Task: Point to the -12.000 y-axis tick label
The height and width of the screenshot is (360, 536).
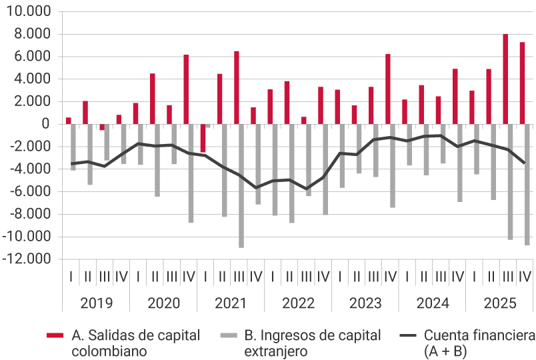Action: tap(29, 259)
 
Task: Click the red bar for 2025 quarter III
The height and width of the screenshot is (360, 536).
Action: tap(505, 79)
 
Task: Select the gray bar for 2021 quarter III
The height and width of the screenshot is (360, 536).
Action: tap(241, 186)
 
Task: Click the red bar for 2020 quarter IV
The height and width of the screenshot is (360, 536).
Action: tap(186, 89)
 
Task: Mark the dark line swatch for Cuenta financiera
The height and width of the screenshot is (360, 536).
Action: tap(407, 335)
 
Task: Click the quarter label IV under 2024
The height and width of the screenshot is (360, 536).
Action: tap(458, 276)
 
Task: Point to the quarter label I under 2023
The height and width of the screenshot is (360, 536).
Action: tap(340, 276)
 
